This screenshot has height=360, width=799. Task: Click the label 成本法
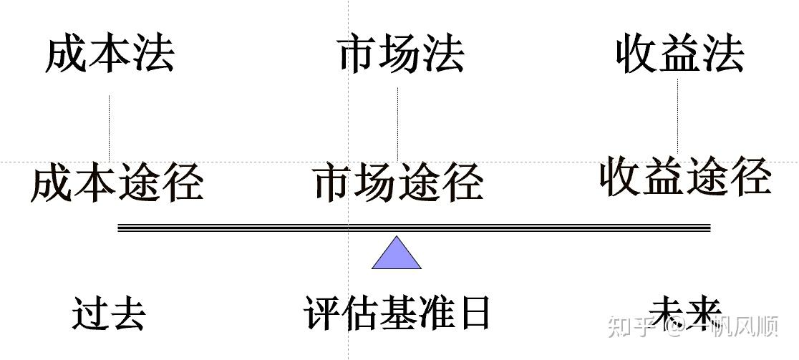(x=110, y=55)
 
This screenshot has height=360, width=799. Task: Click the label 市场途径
(x=398, y=182)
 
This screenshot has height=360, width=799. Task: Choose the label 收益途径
(x=685, y=175)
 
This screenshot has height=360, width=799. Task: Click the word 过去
(x=109, y=313)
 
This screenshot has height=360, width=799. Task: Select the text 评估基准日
(x=398, y=313)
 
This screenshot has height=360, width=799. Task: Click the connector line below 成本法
(x=109, y=129)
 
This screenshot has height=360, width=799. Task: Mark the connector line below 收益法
(x=677, y=115)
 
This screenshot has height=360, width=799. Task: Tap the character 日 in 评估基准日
(x=475, y=313)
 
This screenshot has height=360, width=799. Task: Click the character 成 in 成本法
(x=67, y=55)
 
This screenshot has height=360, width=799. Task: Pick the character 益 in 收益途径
(x=663, y=175)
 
